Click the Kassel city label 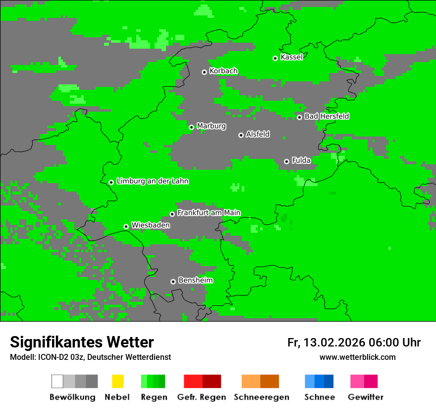291,57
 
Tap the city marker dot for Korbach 204,72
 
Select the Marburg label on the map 211,126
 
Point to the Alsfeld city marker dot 241,135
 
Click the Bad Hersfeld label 327,116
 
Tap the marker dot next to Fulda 286,161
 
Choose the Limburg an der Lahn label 152,181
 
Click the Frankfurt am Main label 209,213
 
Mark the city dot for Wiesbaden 126,226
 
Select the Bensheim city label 195,280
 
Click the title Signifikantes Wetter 82,343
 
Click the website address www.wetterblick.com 357,357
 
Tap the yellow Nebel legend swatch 117,381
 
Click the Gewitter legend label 365,397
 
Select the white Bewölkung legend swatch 57,381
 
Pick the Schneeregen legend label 261,397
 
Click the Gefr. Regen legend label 202,397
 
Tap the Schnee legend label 319,397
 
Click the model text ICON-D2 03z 61,357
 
